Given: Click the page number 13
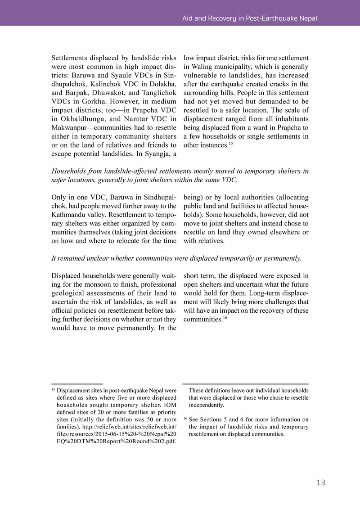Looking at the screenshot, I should tap(320, 482).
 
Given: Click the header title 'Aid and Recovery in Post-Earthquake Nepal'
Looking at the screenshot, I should tap(249, 18).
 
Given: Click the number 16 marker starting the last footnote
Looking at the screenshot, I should tap(185, 419).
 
